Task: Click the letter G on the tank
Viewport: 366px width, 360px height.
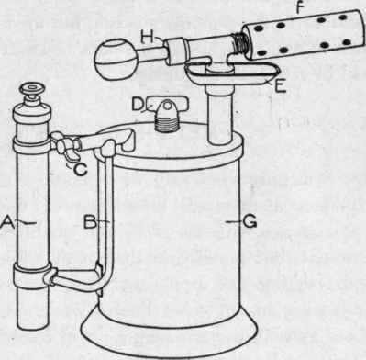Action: tap(251, 220)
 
